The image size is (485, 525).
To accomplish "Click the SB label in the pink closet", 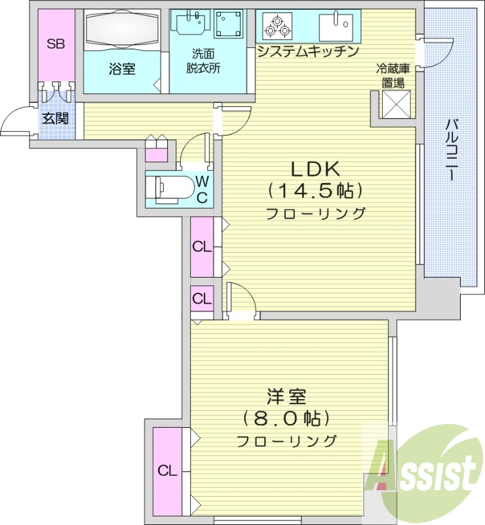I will pyautogui.click(x=55, y=45).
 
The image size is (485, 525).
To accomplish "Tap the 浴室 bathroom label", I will pyautogui.click(x=122, y=68).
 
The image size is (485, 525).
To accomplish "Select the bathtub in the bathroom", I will pyautogui.click(x=122, y=30).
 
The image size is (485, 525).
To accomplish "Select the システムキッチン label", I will pyautogui.click(x=307, y=52).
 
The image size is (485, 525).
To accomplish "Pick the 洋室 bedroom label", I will pyautogui.click(x=286, y=396).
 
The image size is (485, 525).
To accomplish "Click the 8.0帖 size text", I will pyautogui.click(x=286, y=418).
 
